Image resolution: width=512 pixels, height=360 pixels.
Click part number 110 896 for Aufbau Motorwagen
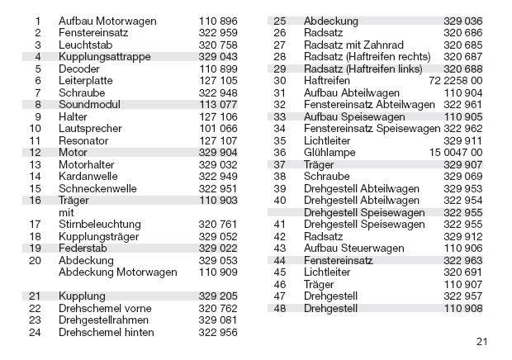[218, 19]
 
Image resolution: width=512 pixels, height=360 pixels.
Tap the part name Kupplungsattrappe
[102, 56]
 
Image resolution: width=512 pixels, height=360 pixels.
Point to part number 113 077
[218, 105]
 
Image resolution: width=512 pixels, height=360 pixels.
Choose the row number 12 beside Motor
[35, 154]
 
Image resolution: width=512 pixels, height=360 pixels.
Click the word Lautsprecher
[90, 129]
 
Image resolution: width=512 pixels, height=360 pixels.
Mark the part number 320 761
[218, 224]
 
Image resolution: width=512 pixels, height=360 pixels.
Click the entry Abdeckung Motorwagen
[118, 272]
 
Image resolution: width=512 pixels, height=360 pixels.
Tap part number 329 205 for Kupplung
[218, 296]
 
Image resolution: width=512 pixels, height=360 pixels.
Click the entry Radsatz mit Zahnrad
[353, 44]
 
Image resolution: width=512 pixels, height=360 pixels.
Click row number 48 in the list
[279, 308]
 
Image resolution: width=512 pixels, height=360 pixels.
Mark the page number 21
[482, 340]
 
